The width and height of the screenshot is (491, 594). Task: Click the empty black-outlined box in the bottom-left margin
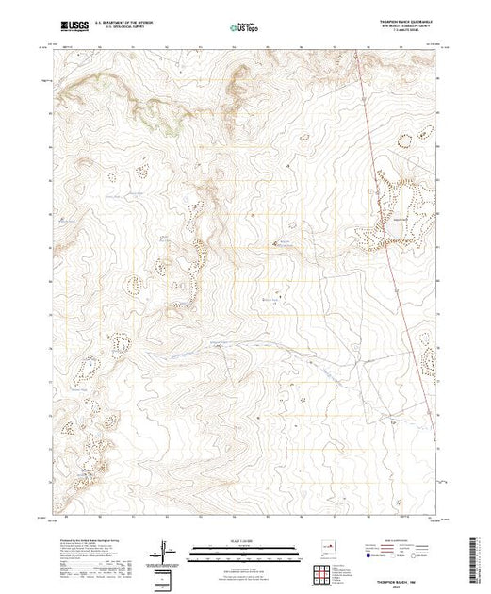164,579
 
